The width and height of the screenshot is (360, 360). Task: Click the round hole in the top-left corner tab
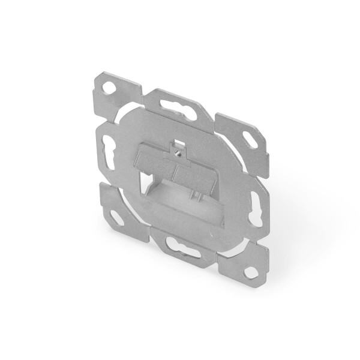(x=109, y=88)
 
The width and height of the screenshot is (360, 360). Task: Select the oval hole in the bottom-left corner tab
(x=117, y=218)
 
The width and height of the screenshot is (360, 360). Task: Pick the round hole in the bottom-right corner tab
(x=251, y=272)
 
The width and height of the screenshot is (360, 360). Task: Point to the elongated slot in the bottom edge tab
(x=183, y=247)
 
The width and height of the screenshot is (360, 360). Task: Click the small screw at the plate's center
(x=178, y=152)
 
